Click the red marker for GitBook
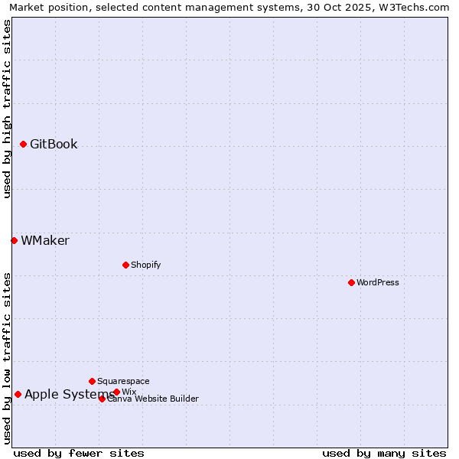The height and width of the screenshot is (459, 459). click(x=23, y=144)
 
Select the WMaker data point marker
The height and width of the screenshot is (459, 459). click(x=14, y=240)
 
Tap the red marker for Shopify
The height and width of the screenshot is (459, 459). click(x=125, y=265)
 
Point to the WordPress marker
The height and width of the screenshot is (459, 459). click(x=351, y=282)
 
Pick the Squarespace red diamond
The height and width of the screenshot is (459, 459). click(x=92, y=381)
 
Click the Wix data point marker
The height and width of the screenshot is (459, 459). click(x=116, y=392)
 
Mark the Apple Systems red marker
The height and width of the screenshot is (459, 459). click(x=18, y=394)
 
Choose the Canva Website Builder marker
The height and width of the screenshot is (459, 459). click(x=102, y=399)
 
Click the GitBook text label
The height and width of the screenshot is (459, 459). click(x=54, y=144)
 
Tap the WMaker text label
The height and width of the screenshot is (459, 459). click(x=45, y=240)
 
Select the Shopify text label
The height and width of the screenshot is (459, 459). click(x=145, y=265)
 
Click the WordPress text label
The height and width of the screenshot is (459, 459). click(x=378, y=282)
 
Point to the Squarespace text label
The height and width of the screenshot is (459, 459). click(x=123, y=381)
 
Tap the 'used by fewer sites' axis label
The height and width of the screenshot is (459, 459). click(x=79, y=453)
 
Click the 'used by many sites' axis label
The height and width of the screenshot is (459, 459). click(x=384, y=453)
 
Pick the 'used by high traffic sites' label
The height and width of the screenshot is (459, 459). click(x=8, y=109)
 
